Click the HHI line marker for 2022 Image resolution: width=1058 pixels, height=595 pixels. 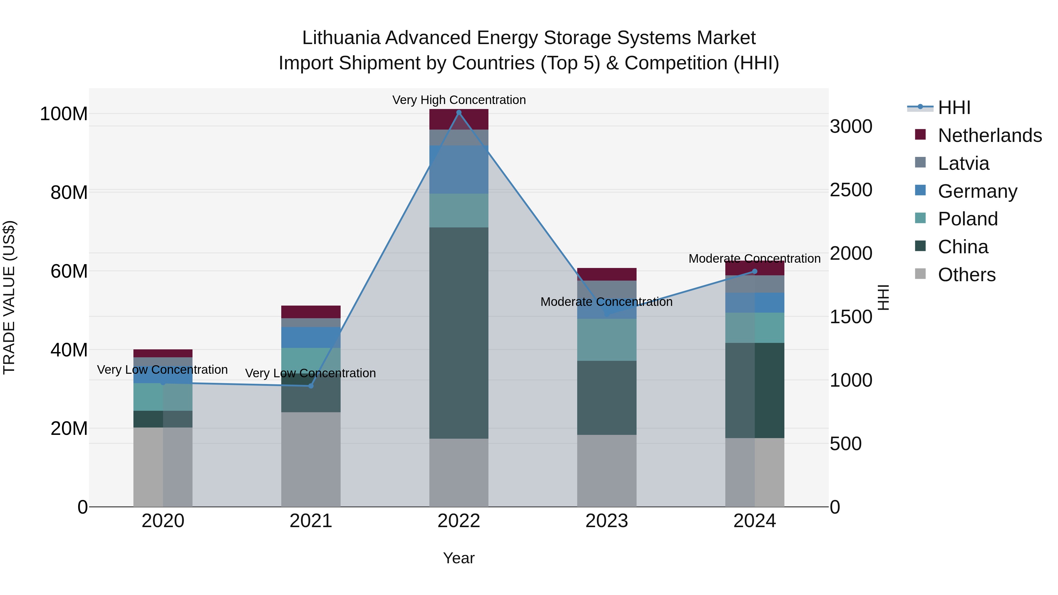pos(459,113)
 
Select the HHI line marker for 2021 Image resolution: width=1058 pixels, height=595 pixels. pos(311,386)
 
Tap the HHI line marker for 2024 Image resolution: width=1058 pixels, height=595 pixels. pos(754,271)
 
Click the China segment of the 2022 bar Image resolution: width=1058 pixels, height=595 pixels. pos(459,333)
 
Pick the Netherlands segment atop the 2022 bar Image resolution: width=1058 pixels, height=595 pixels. pos(459,119)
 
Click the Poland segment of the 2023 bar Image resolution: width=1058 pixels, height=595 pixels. pos(607,340)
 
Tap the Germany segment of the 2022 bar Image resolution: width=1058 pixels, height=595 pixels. pos(459,169)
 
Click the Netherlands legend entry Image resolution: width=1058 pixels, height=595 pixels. pos(990,135)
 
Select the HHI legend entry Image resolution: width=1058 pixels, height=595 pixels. pos(954,108)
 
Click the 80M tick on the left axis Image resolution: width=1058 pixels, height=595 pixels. pos(69,192)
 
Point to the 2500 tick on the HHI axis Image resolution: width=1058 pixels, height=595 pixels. pos(851,190)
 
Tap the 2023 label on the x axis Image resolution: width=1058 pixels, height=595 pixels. pos(607,521)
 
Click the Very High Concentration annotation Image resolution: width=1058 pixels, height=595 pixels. pos(459,100)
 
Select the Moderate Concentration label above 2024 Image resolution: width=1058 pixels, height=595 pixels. pos(754,259)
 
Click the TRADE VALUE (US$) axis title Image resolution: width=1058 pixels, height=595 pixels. pos(9,297)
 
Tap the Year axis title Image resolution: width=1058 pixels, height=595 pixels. pos(459,558)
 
